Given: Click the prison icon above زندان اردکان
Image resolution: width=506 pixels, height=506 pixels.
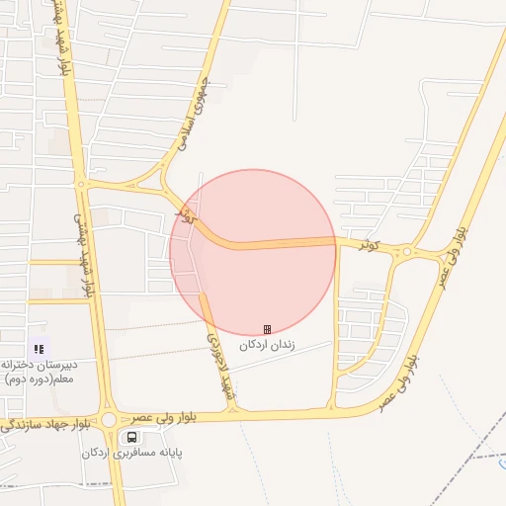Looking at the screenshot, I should (267, 329).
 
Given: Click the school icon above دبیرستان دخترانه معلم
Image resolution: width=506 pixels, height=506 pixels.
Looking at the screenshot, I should (39, 348).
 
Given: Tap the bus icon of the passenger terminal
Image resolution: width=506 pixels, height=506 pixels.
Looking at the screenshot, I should (131, 437).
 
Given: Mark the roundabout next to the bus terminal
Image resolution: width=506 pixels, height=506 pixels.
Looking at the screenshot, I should (108, 420).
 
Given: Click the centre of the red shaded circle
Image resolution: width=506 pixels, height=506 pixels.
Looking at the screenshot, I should (253, 252).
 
